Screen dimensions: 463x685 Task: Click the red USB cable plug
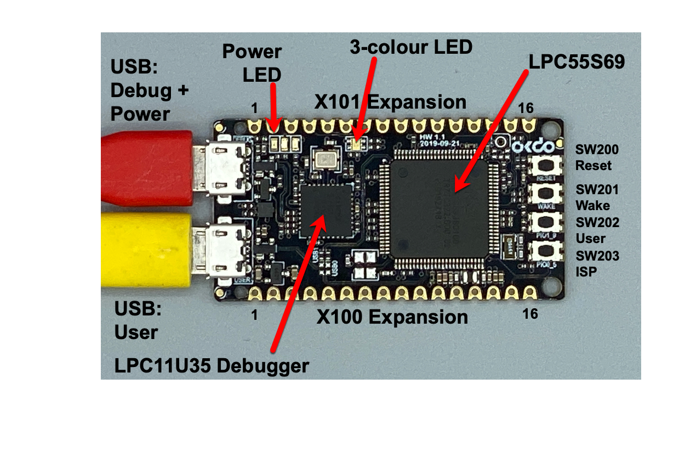(x=148, y=168)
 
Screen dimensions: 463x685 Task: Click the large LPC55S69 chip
(x=439, y=202)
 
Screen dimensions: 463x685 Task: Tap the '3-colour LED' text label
(x=411, y=47)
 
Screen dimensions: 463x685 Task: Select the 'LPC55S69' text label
(x=576, y=62)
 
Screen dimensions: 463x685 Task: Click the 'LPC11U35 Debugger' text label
(x=212, y=366)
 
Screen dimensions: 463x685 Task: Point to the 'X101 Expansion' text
(x=390, y=102)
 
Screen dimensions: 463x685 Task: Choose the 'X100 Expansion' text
(x=392, y=317)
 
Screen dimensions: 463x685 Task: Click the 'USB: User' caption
(x=137, y=320)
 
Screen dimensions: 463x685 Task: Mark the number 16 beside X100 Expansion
(x=530, y=314)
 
